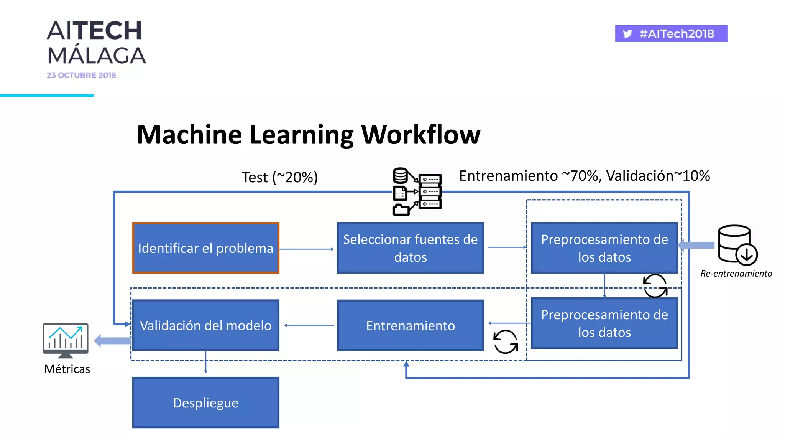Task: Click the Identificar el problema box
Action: pos(205,248)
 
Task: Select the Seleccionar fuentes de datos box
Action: pos(410,248)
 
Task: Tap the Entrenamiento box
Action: pos(410,325)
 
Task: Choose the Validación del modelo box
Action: pos(205,325)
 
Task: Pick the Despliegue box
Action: pos(205,402)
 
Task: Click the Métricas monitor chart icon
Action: pos(66,340)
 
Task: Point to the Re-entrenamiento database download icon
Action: pos(737,245)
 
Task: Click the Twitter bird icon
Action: pos(627,34)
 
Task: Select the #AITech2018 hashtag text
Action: pos(677,34)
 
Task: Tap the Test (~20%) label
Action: pos(280,177)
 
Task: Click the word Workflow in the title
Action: pos(420,135)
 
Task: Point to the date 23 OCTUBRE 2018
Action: pos(81,75)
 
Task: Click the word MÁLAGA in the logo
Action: pos(97,56)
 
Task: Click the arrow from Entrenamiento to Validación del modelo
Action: pos(309,325)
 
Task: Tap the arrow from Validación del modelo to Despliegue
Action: pos(206,362)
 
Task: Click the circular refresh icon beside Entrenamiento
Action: pos(506,341)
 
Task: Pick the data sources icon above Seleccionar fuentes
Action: pos(417,191)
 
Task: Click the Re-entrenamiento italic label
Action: pos(736,274)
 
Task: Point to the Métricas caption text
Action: pos(67,369)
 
